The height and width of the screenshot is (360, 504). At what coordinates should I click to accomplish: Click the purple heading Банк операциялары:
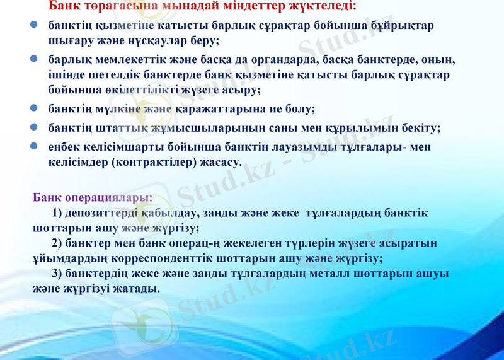click(x=93, y=197)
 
